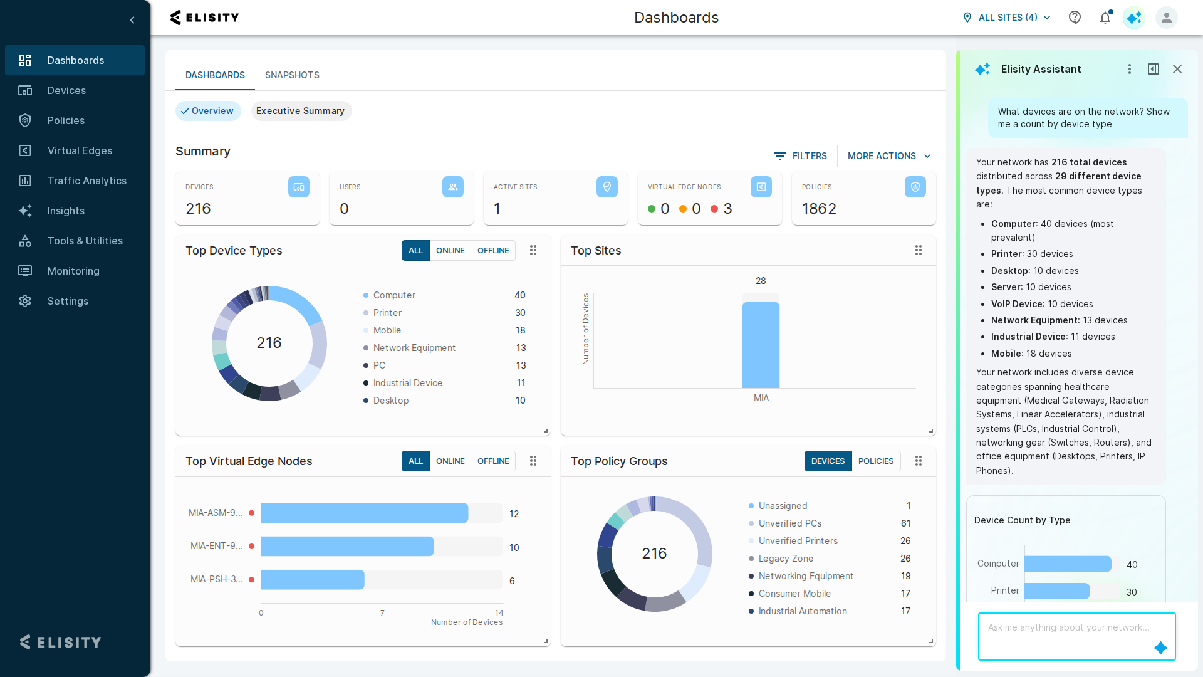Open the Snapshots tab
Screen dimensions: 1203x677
(292, 75)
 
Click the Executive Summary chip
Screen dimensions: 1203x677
(301, 111)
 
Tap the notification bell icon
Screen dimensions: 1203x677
(1105, 18)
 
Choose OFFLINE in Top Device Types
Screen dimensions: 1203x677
(493, 251)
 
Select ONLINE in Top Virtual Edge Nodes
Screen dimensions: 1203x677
(450, 461)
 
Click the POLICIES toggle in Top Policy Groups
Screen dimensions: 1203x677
(876, 461)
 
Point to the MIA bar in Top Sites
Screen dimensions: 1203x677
(761, 345)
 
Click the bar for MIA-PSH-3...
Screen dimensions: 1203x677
(312, 580)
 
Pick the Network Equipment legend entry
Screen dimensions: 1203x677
(414, 348)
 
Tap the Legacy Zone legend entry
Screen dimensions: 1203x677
(786, 559)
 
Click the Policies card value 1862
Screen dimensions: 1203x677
(819, 209)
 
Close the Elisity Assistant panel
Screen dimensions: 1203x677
(1177, 69)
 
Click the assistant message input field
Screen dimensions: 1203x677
(1076, 636)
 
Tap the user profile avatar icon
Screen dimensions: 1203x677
(1167, 18)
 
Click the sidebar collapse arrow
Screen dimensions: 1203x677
(132, 20)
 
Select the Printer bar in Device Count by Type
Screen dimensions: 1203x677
(1056, 591)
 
